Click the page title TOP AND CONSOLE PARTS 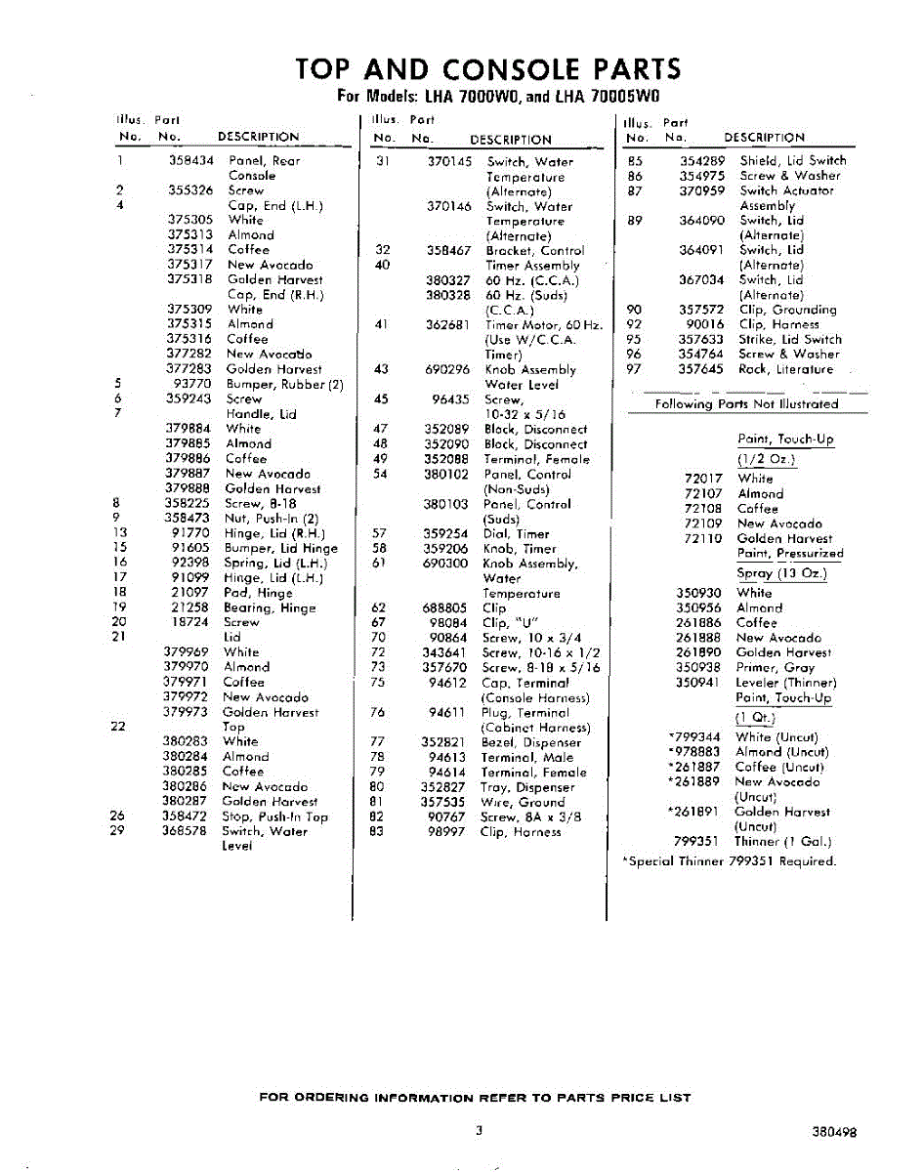click(x=488, y=69)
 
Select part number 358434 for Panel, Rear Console click(x=191, y=160)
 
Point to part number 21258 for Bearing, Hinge click(x=190, y=607)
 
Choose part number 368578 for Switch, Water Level click(x=186, y=831)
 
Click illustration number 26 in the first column click(x=118, y=816)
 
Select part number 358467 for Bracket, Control click(x=449, y=251)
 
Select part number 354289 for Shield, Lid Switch click(x=702, y=161)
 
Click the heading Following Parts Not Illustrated click(x=746, y=403)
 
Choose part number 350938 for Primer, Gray click(x=699, y=667)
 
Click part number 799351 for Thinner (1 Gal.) click(x=697, y=841)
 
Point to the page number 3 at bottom click(x=480, y=1131)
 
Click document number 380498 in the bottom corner click(x=833, y=1134)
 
